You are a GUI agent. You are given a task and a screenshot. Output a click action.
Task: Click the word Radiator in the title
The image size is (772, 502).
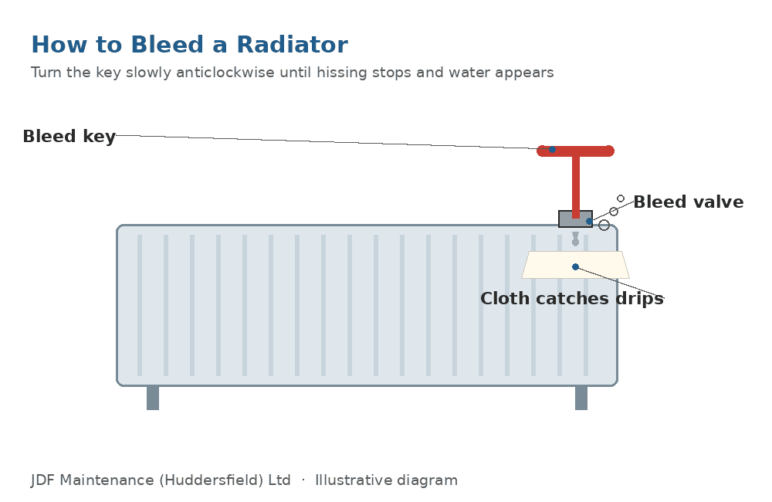292,45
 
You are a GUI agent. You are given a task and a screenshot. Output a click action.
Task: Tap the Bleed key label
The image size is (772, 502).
69,137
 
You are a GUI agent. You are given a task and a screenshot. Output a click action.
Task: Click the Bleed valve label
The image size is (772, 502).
689,202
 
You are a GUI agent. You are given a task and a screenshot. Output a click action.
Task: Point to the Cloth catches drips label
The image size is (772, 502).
572,299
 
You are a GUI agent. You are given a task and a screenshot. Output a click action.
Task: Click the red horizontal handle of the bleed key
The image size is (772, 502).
576,151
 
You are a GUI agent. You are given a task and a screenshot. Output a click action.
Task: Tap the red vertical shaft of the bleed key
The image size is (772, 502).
576,187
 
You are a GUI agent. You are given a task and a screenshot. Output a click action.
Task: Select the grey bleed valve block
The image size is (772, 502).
576,219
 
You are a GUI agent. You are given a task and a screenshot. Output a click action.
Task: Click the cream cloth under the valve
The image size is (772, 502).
576,265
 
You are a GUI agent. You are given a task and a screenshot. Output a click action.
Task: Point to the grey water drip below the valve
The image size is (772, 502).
575,239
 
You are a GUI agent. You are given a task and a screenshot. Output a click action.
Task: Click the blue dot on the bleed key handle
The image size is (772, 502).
553,149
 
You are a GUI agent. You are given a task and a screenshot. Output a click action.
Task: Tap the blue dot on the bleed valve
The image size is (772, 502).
589,221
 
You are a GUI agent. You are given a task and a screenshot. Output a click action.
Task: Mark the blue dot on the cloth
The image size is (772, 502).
576,267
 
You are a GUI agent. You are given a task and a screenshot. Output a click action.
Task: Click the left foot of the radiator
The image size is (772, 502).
153,398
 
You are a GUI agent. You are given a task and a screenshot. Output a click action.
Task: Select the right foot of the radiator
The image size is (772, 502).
581,398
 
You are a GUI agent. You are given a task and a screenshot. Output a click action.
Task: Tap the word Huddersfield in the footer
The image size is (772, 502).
212,480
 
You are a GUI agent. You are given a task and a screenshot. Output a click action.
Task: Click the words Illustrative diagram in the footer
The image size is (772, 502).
387,480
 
